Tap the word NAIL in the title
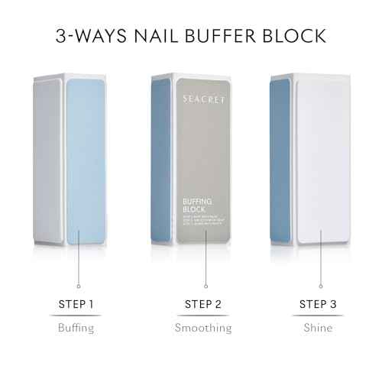coord(151,36)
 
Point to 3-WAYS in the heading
coord(86,36)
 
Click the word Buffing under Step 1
coord(76,329)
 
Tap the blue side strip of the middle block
coord(161,160)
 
